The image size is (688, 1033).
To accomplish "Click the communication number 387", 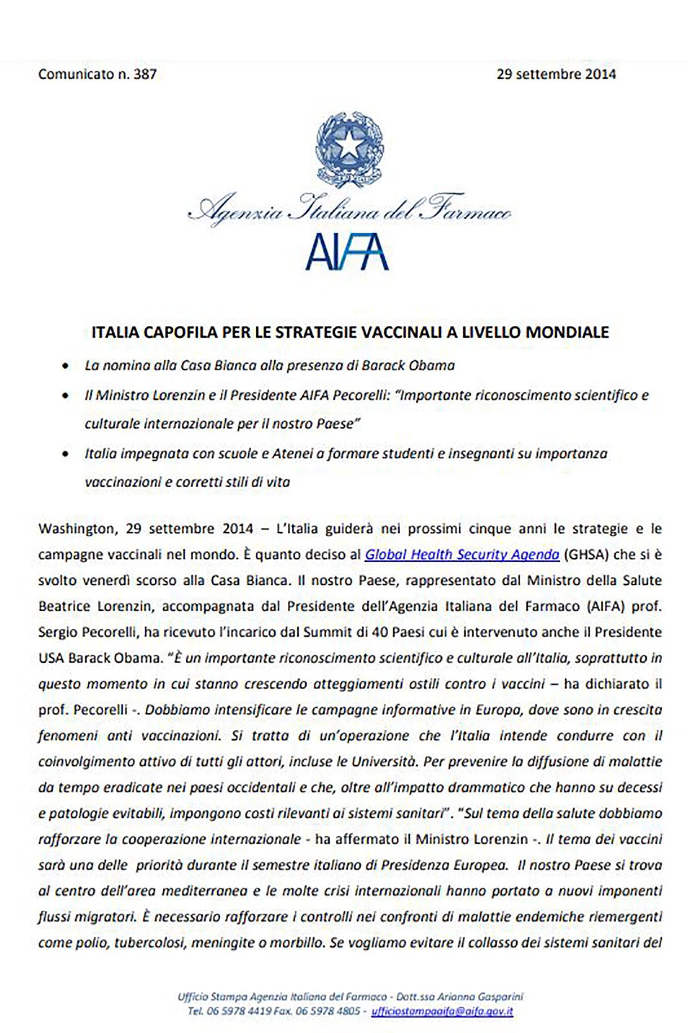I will click(145, 74).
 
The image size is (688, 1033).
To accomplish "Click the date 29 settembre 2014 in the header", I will click(556, 74).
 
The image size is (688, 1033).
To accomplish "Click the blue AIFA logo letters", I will click(347, 253).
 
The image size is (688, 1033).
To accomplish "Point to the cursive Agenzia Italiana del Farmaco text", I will click(349, 211).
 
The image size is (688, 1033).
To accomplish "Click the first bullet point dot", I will click(67, 366).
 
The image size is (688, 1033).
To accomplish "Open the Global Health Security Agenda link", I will click(462, 554).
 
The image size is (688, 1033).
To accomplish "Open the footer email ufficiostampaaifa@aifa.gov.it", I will click(442, 1011).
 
